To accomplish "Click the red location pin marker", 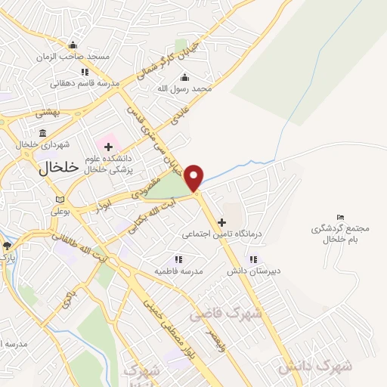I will pos(194,177).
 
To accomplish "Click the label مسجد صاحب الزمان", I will pos(76,57).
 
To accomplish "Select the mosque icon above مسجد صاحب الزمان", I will pos(73,45).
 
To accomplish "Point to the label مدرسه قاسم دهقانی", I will pos(85,83).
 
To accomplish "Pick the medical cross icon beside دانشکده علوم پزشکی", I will pos(109,146).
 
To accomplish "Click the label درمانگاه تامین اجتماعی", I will pos(221,234).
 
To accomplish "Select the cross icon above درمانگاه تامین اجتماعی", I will pos(221,222).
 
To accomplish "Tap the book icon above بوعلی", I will pos(60,200).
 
